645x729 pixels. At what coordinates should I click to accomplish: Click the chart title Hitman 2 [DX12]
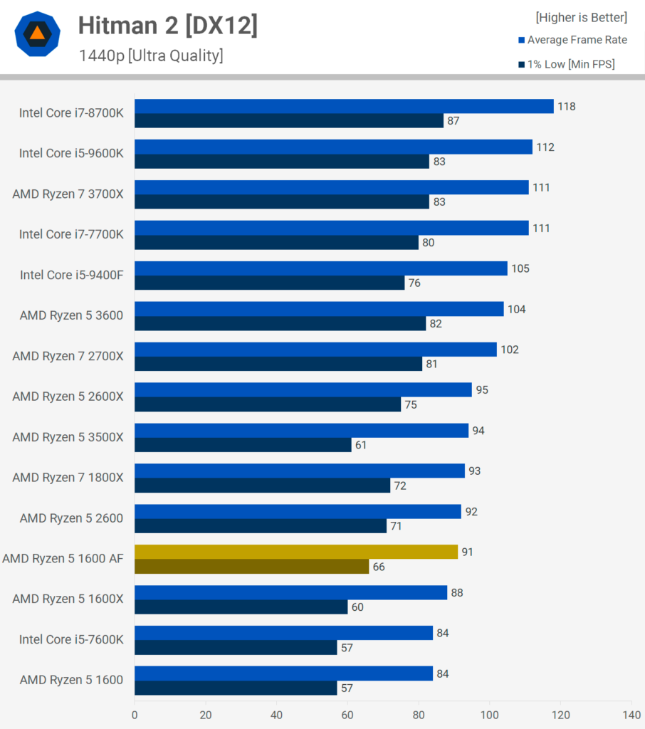167,26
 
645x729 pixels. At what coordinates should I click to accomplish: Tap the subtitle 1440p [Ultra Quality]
151,56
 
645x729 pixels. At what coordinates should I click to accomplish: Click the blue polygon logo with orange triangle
37,34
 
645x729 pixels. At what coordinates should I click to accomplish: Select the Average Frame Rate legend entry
573,40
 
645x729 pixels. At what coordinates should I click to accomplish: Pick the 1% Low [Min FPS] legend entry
567,64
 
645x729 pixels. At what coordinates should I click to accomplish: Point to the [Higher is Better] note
582,18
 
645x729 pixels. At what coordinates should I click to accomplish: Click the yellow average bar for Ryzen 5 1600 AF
296,552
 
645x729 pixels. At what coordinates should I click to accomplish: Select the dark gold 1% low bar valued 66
251,566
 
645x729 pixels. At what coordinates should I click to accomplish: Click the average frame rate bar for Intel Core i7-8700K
344,106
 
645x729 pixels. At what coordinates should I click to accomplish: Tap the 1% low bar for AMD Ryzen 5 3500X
243,445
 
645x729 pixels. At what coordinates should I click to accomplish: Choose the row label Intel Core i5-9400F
72,276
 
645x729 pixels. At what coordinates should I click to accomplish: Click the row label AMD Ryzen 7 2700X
68,356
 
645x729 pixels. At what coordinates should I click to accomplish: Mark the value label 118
567,107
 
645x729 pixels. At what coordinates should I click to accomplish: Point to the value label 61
361,445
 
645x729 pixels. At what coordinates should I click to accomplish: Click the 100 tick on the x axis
489,715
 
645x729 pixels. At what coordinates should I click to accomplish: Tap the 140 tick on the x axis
631,715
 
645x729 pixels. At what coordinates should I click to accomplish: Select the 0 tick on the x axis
135,715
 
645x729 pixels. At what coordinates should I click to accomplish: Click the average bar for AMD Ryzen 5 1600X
291,592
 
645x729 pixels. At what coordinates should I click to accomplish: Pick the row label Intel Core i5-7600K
72,640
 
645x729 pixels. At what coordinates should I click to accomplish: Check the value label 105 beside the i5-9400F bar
520,268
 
